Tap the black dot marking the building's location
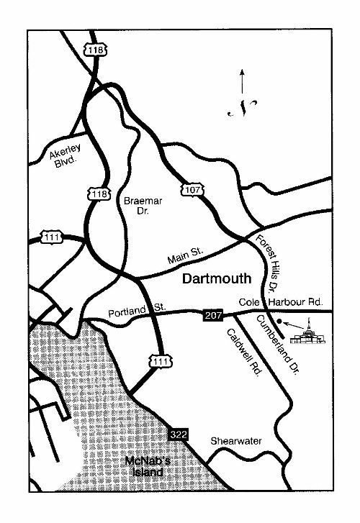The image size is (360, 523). [x=279, y=322]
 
